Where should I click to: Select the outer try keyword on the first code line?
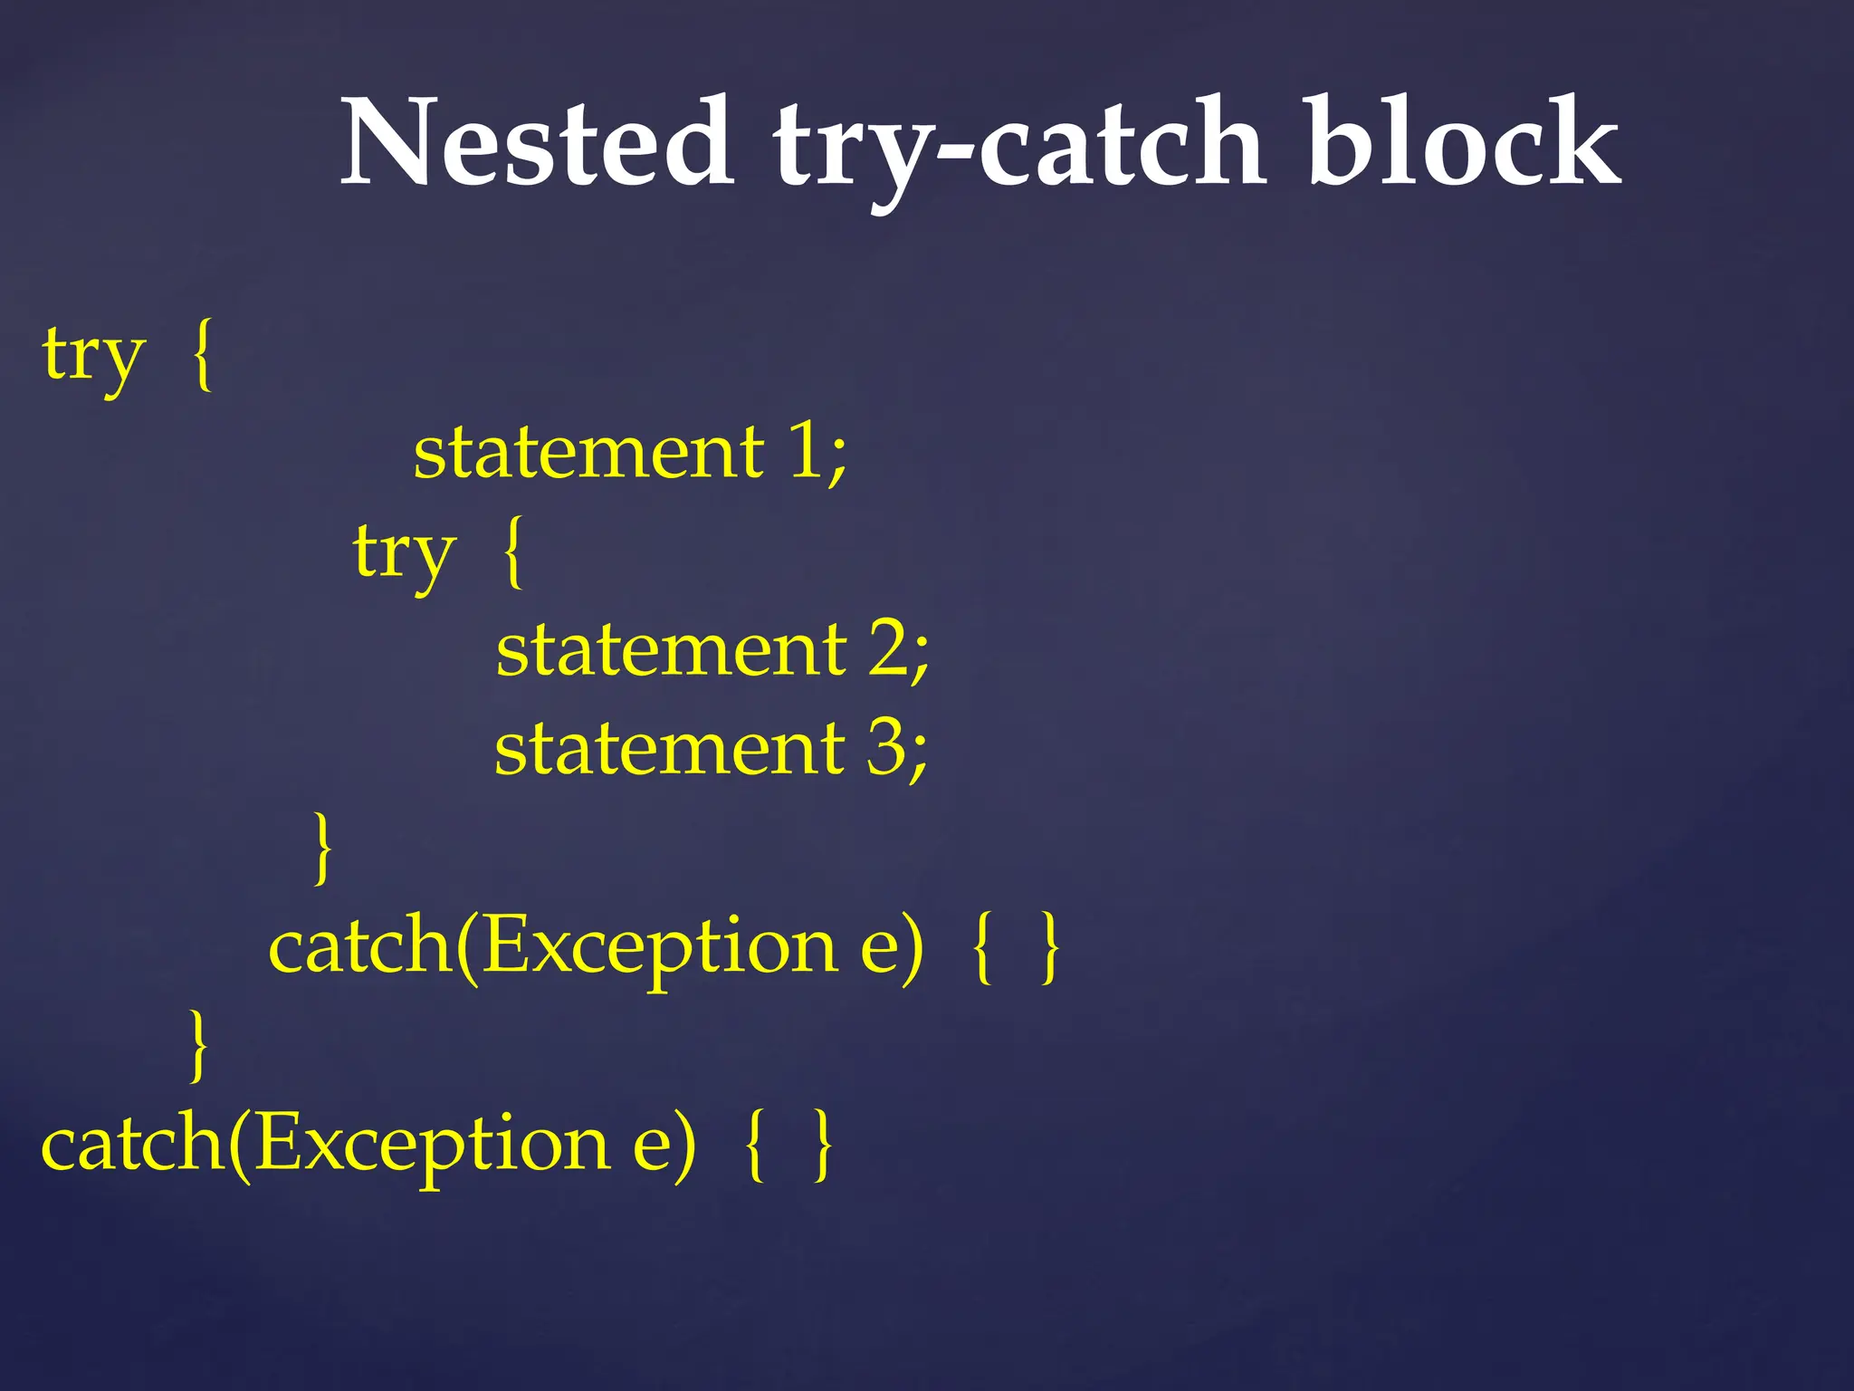pyautogui.click(x=93, y=355)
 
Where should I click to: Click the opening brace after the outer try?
pyautogui.click(x=204, y=355)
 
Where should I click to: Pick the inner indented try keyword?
pyautogui.click(x=404, y=552)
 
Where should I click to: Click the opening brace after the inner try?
pyautogui.click(x=513, y=552)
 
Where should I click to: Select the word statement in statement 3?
pyautogui.click(x=670, y=749)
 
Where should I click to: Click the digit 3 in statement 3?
pyautogui.click(x=887, y=749)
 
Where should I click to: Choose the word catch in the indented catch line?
pyautogui.click(x=359, y=945)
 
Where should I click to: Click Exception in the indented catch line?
pyautogui.click(x=659, y=947)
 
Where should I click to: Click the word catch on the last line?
pyautogui.click(x=132, y=1143)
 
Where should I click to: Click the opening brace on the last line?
pyautogui.click(x=754, y=1145)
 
